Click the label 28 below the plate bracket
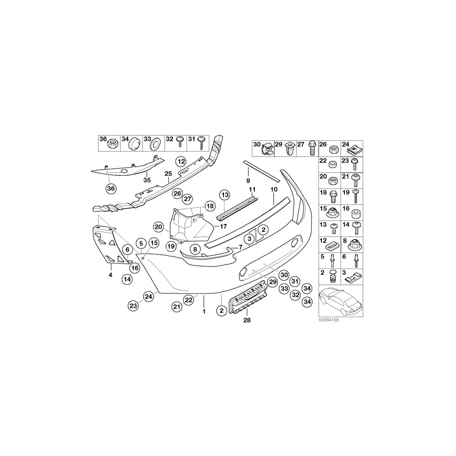point(247,320)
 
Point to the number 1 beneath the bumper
point(204,311)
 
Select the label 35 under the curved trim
point(147,179)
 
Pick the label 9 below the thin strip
point(248,180)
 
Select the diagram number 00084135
point(328,320)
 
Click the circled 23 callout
point(133,306)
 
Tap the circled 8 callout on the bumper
point(194,249)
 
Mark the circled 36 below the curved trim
point(111,189)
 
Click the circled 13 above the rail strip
point(224,195)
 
